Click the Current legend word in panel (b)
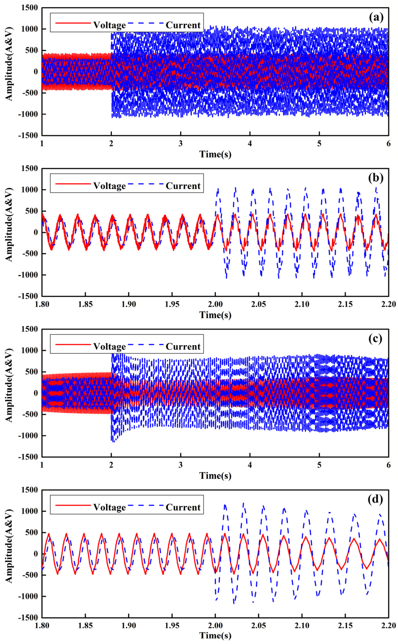(x=183, y=186)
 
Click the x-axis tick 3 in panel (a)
(x=181, y=143)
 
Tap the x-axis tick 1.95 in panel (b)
(x=172, y=304)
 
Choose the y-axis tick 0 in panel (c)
(x=35, y=393)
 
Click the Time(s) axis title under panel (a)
(x=215, y=154)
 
